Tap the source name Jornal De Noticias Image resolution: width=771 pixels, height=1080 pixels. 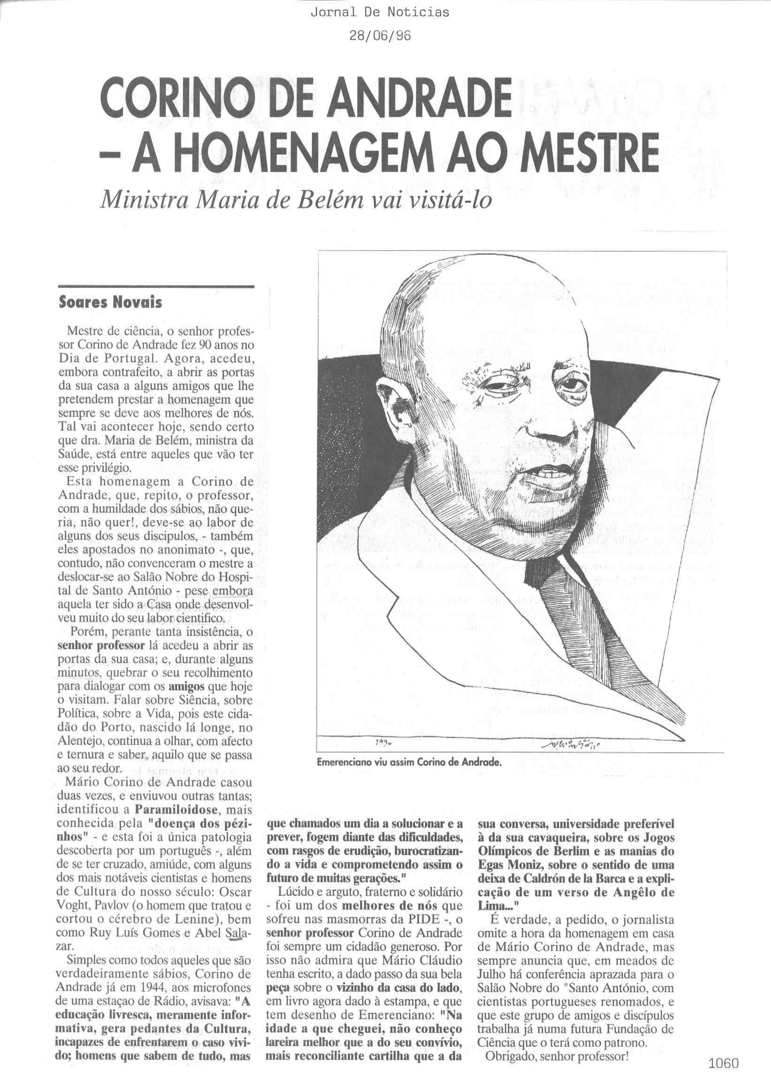379,13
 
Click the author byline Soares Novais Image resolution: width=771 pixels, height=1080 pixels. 110,302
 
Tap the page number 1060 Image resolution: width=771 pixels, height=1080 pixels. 724,1060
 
